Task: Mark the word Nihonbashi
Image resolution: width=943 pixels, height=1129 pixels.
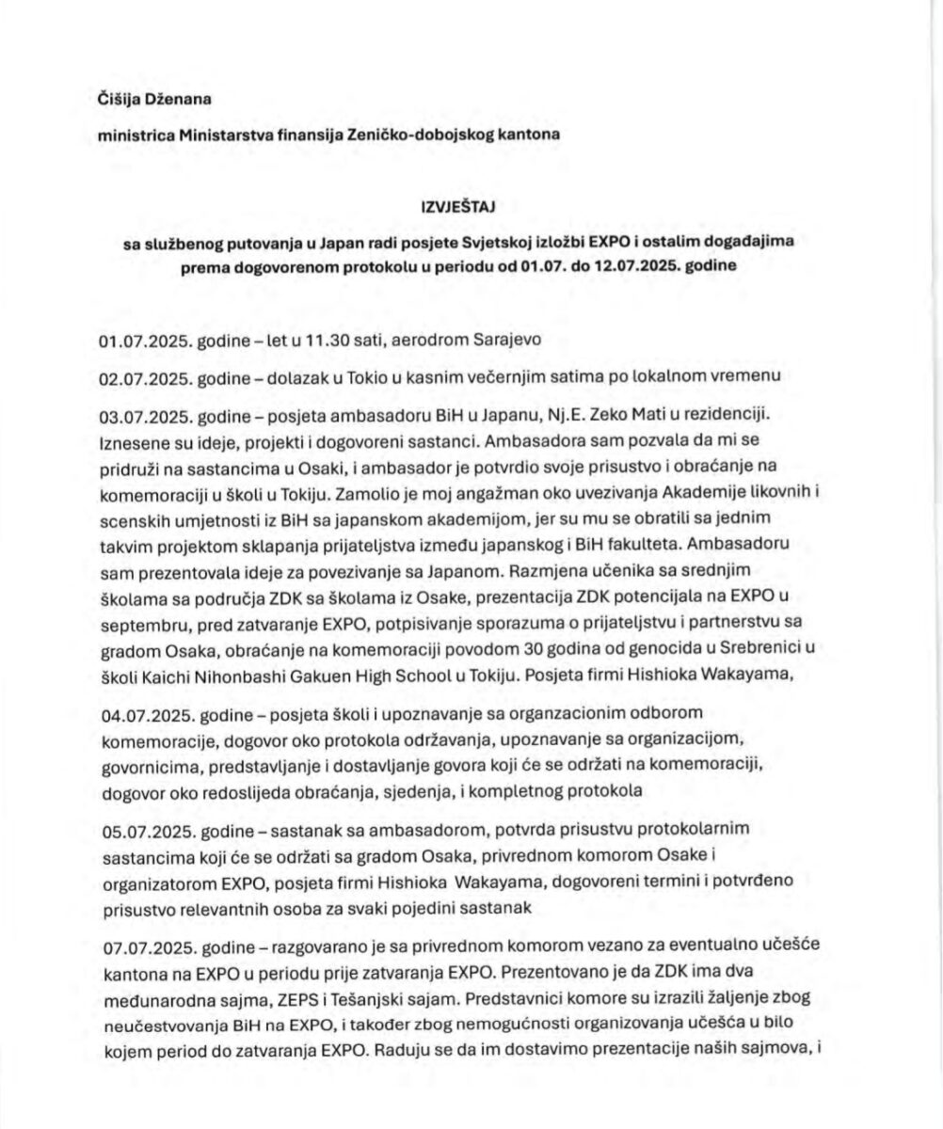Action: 243,674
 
